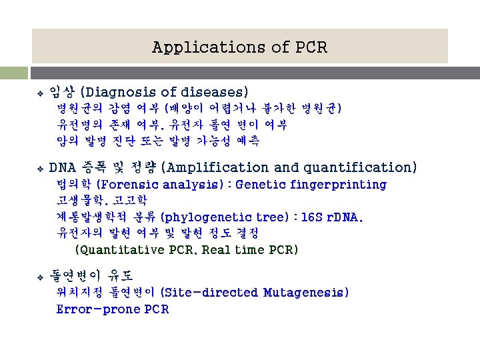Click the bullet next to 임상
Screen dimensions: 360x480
click(40, 92)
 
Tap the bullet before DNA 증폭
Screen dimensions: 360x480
click(40, 168)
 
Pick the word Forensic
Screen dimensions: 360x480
click(127, 185)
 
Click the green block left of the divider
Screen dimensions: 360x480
click(13, 73)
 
